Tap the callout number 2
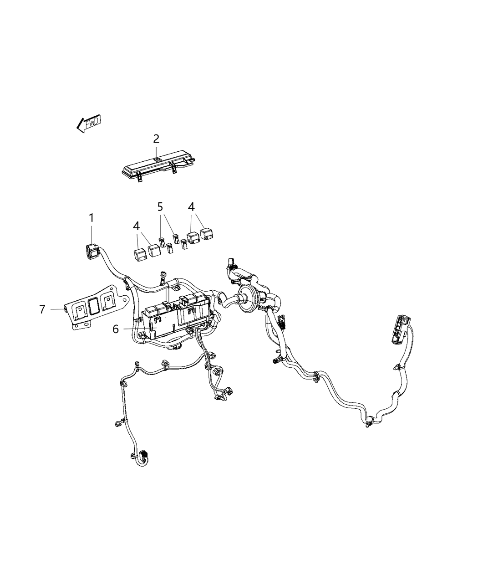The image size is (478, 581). (x=156, y=139)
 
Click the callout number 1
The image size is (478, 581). (x=92, y=218)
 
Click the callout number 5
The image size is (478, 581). (x=160, y=207)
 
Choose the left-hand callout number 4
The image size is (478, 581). (x=136, y=226)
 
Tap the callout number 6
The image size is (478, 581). (x=116, y=329)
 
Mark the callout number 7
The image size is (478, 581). (x=42, y=309)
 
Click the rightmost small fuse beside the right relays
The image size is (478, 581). (x=184, y=245)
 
